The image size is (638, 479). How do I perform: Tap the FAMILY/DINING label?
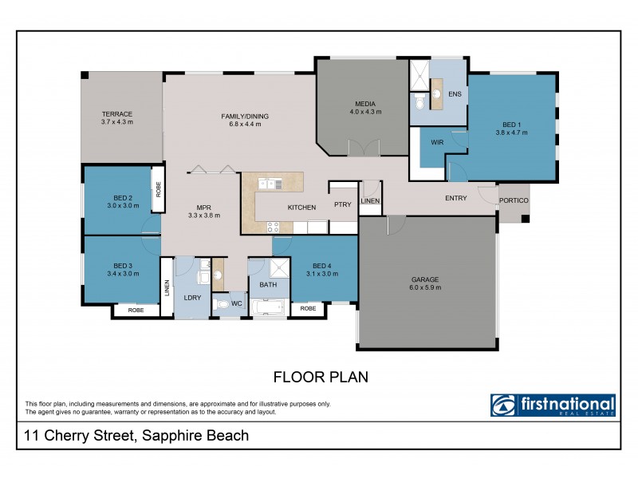(245, 117)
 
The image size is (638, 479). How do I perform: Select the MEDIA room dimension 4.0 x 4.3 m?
(365, 112)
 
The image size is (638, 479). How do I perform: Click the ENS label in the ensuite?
(455, 94)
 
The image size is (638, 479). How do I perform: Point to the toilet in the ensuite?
(420, 102)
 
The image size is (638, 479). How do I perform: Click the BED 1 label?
(512, 125)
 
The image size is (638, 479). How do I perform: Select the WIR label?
(436, 142)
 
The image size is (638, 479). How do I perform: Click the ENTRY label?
(455, 198)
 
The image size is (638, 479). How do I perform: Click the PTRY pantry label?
(343, 204)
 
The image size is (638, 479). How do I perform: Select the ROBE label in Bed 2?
(158, 190)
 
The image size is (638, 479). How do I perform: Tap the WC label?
(237, 304)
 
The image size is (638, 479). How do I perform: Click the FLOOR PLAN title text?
(321, 377)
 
